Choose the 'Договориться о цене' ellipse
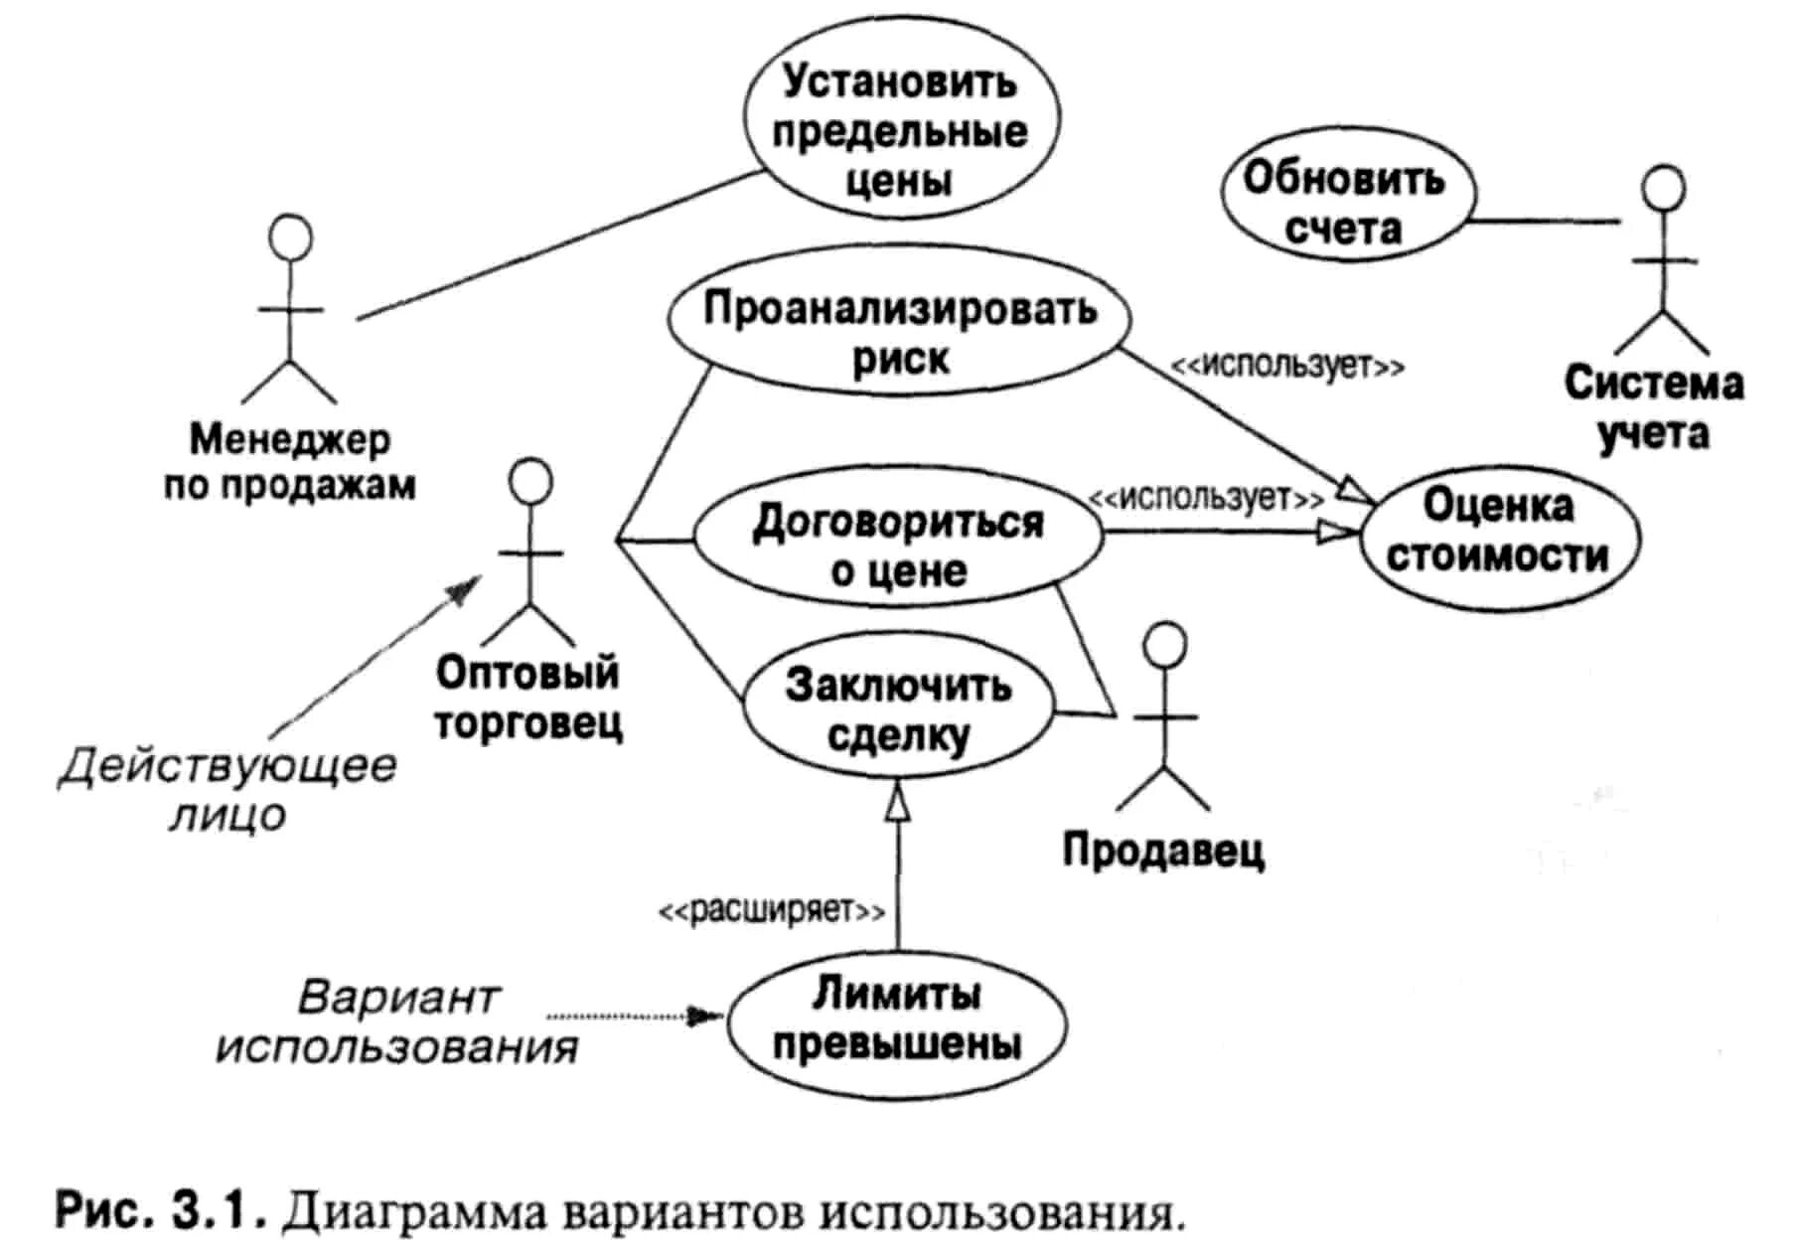897,544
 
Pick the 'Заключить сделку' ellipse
897,709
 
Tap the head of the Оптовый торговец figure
529,481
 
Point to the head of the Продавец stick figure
1164,644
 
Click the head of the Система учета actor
1663,187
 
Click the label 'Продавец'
1163,851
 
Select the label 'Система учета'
1653,407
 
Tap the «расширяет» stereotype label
771,909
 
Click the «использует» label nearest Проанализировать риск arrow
1287,366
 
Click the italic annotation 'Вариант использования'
397,1022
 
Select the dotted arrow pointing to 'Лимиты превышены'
636,1017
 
